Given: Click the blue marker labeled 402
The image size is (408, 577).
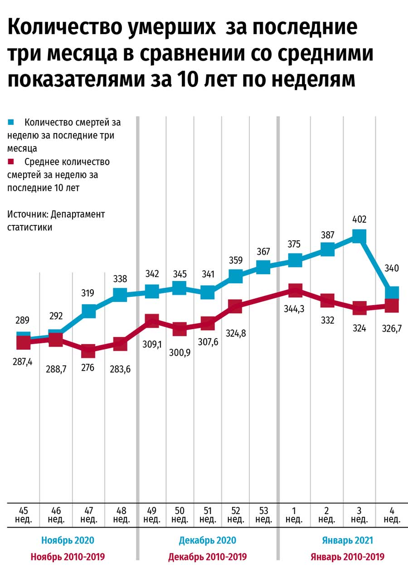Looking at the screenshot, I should (359, 236).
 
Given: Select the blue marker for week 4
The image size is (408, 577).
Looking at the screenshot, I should (392, 292).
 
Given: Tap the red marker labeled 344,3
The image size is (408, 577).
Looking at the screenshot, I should (295, 291).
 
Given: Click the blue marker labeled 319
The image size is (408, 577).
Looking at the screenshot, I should (89, 311).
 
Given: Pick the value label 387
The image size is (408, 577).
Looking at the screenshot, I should (327, 235).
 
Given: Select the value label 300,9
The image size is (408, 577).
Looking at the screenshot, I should (180, 352).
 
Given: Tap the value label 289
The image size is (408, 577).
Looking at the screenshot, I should (23, 321).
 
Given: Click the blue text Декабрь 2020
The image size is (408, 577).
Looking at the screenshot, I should (208, 540).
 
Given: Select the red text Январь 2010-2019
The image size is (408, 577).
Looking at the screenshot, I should (347, 557).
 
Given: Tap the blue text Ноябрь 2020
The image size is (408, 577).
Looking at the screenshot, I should (68, 540).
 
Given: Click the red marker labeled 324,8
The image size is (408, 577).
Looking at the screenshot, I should (235, 306).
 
